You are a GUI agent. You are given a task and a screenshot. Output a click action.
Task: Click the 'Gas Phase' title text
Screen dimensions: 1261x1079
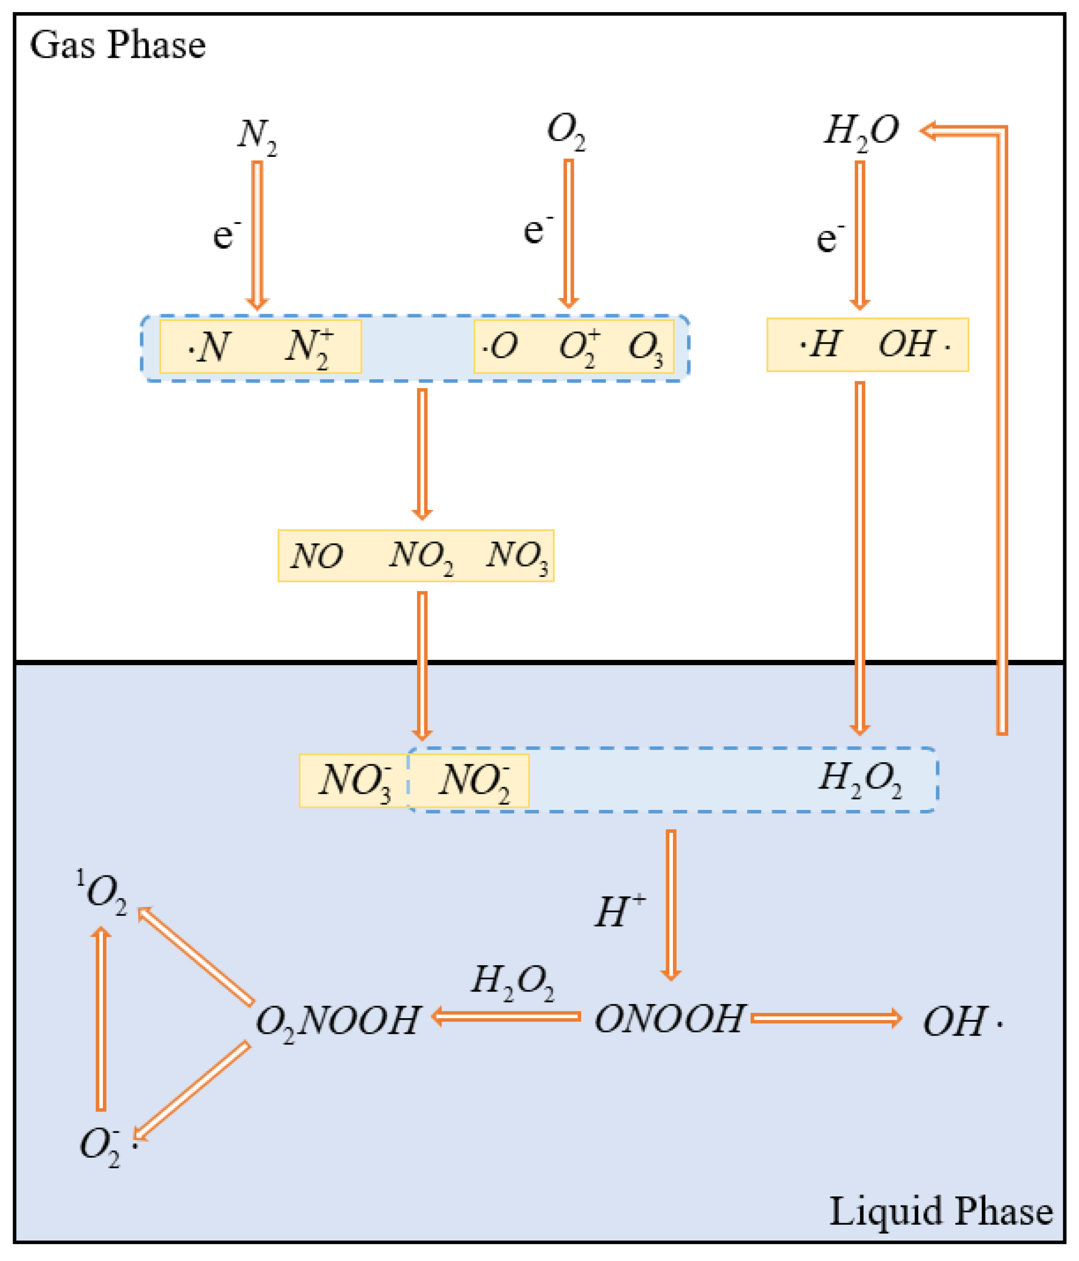pos(117,46)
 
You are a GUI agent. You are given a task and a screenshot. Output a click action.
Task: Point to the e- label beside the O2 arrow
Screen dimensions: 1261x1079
pos(538,230)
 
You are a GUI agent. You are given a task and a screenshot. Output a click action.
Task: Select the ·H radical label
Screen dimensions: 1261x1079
pos(820,345)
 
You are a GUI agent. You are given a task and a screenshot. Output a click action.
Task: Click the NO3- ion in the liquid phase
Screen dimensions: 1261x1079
pos(356,782)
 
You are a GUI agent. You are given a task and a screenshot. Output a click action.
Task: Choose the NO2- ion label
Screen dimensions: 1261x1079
pos(475,782)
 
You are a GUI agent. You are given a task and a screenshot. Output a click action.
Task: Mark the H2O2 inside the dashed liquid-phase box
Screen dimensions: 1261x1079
pos(859,779)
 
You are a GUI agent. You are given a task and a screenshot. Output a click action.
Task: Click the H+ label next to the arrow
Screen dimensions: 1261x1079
pos(619,911)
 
